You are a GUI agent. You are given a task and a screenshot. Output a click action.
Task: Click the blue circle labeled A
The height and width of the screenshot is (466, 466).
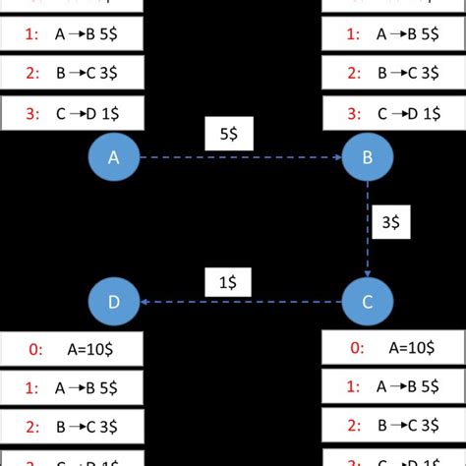pos(114,156)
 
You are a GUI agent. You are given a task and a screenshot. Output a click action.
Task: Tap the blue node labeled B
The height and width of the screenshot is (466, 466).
pos(367,156)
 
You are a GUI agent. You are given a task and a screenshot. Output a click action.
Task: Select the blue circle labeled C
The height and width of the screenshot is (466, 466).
pos(367,302)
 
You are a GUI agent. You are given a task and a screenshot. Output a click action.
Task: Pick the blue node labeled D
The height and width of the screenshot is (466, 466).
pos(114,302)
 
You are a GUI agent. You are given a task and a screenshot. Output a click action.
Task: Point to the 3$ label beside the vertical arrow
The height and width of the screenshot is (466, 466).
pos(391,223)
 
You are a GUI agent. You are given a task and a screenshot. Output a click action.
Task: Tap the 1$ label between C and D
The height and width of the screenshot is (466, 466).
pos(228,282)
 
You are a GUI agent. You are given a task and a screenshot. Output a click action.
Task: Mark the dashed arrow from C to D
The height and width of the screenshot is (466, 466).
pos(240,303)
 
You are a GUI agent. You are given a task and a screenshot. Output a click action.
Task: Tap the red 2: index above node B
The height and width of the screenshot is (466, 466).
pos(351,74)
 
